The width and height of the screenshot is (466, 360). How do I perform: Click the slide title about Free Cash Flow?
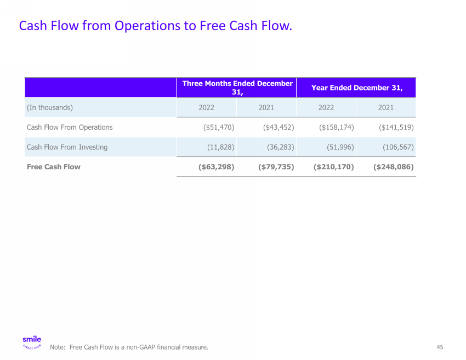coord(155,26)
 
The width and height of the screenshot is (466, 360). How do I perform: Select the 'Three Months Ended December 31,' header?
coord(237,88)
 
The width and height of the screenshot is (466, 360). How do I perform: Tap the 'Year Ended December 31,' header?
coord(357,88)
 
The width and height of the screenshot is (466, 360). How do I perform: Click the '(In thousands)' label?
coord(50,107)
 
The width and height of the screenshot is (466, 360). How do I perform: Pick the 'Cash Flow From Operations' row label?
coord(70,127)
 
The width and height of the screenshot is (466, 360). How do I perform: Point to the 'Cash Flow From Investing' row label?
coord(67,147)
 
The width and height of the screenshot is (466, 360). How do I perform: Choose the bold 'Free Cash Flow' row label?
coord(54,167)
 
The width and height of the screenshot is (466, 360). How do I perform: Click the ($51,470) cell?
coord(219,127)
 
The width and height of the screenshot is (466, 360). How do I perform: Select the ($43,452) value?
coord(279,127)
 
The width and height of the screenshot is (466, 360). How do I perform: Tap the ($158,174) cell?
coord(337,127)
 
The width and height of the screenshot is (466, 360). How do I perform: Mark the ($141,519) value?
coord(396,127)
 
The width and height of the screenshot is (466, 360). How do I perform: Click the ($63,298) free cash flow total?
coord(216,167)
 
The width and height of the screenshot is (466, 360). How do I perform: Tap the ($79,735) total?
coord(276,167)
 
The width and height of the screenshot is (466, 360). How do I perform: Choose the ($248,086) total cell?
coord(393,167)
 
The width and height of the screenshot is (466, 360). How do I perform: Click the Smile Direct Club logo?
coord(32,342)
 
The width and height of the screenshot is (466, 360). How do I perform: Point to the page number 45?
coord(440,347)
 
